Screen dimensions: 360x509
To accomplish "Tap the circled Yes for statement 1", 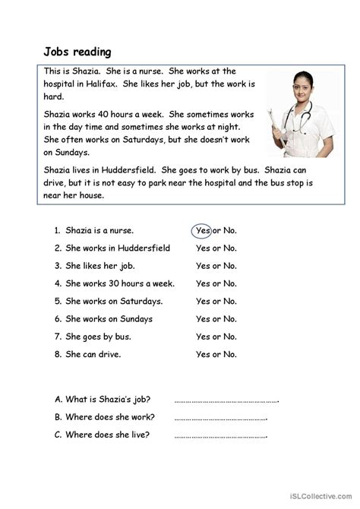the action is click(x=202, y=229).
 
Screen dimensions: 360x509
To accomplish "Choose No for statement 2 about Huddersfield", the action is click(x=229, y=248).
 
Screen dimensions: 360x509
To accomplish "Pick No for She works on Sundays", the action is click(x=229, y=319).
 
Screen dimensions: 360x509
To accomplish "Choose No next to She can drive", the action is click(x=229, y=354).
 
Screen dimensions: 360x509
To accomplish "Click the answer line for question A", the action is click(x=226, y=400).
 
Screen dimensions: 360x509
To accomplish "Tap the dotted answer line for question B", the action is click(x=221, y=418).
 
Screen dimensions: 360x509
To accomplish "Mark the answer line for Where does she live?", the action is click(x=221, y=435).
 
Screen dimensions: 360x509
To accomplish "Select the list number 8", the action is click(x=58, y=354).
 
